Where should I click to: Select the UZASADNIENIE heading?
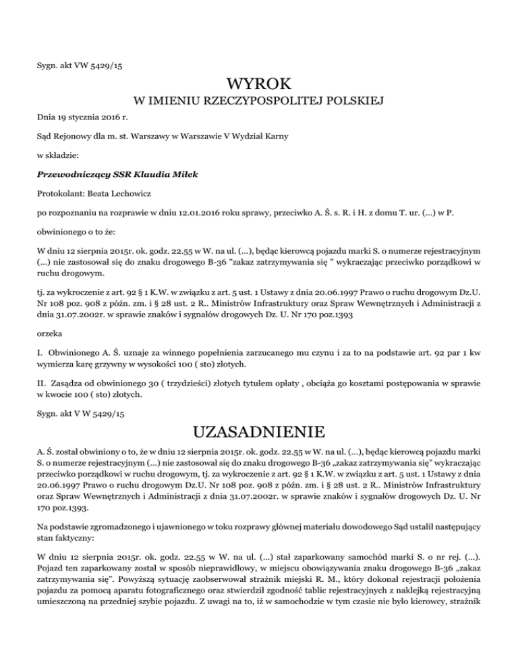coord(259,429)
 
